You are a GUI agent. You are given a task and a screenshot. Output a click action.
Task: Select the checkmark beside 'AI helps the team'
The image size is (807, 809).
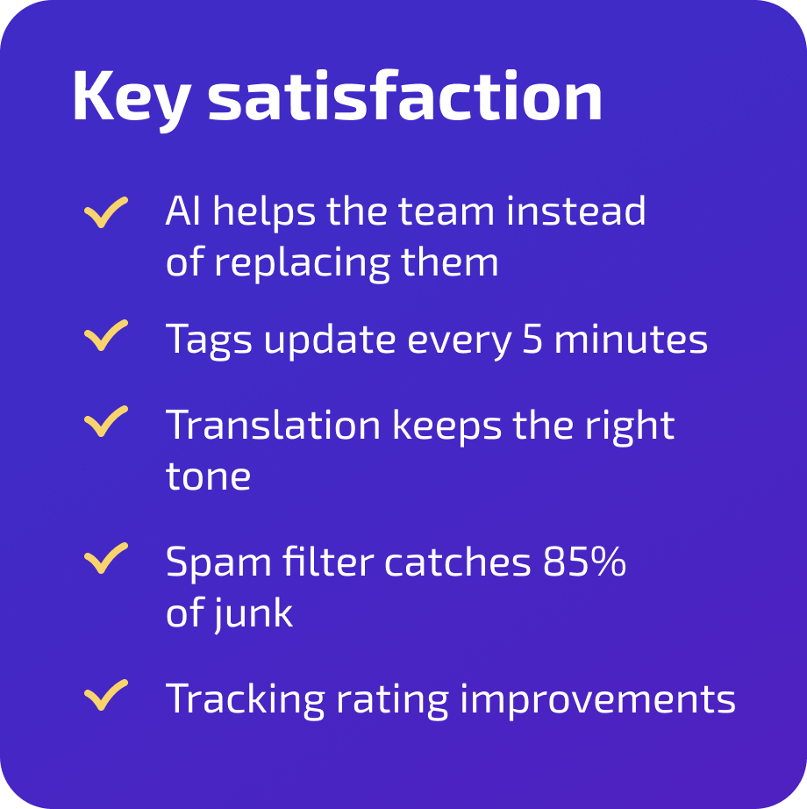106,212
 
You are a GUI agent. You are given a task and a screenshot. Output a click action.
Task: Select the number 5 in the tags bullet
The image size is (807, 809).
532,339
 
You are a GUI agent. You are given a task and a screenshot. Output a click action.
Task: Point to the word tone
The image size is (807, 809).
208,476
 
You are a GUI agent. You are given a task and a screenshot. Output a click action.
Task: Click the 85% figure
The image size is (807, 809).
584,562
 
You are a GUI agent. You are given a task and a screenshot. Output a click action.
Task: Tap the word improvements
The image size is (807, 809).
597,699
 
